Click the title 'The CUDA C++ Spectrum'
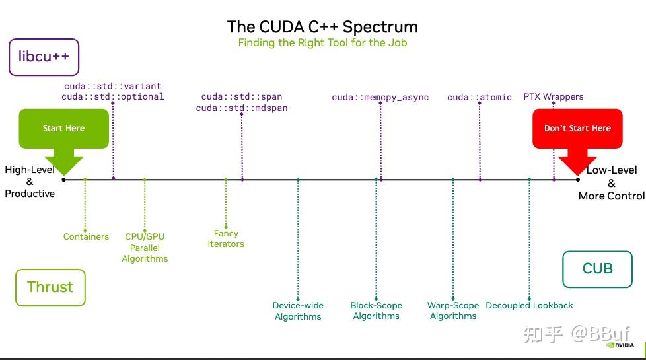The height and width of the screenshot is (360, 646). [x=322, y=27]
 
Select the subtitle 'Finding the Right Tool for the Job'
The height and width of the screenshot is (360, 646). [x=322, y=43]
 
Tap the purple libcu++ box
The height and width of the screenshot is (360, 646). [x=44, y=57]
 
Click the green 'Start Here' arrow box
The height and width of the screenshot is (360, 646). [x=63, y=129]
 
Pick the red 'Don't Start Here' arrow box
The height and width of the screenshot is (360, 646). [x=577, y=129]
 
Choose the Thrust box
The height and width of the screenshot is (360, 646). [x=50, y=287]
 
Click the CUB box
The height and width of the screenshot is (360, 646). [x=597, y=269]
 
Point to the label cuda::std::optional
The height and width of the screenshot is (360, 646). [x=112, y=96]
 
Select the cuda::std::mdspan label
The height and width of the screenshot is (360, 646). [x=242, y=108]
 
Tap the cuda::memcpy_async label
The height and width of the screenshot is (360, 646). [x=380, y=98]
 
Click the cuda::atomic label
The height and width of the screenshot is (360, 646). [x=479, y=98]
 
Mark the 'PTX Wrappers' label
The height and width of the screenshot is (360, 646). [x=553, y=96]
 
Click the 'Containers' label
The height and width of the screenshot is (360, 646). [x=86, y=236]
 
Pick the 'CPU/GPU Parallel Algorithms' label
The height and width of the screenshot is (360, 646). [x=145, y=247]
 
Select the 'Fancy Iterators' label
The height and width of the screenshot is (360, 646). [x=226, y=238]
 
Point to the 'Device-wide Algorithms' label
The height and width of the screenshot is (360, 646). [x=298, y=311]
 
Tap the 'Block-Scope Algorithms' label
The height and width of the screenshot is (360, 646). [x=376, y=311]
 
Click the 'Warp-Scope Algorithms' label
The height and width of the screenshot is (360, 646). [x=453, y=311]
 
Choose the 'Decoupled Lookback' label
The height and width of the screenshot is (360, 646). [x=529, y=306]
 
